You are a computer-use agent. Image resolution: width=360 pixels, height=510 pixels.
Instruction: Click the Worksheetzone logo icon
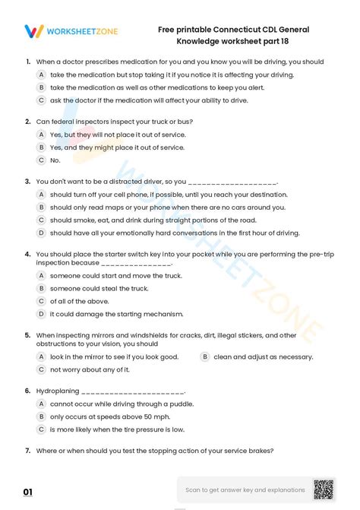click(33, 31)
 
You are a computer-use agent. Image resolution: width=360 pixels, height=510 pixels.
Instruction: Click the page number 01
click(27, 493)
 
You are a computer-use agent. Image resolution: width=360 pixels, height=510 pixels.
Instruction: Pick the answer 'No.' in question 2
click(55, 160)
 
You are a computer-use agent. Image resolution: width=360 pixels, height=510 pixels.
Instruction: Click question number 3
click(27, 182)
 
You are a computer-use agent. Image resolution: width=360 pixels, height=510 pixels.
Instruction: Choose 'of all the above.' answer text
click(79, 301)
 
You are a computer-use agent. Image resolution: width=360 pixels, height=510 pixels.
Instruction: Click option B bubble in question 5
click(205, 356)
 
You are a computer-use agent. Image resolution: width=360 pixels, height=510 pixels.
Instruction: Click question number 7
click(27, 451)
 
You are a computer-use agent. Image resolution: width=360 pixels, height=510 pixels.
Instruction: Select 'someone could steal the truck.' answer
click(99, 288)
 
